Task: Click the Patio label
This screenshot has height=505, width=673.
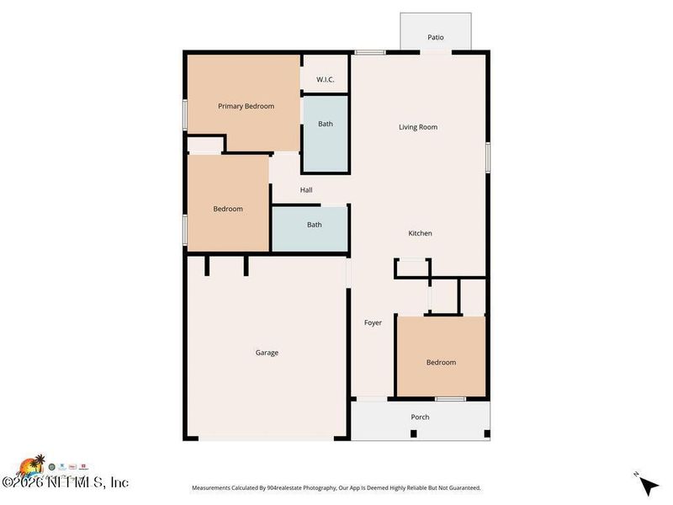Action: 435,37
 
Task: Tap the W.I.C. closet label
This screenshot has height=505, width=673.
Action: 326,79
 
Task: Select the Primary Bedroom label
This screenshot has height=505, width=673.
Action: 246,106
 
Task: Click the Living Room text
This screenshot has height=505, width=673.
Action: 417,127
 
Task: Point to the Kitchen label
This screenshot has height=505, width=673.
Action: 420,233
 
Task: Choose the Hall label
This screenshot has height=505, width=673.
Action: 306,189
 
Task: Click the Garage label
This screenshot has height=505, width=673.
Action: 267,353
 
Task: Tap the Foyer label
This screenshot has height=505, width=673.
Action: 373,322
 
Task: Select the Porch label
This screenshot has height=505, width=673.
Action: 420,417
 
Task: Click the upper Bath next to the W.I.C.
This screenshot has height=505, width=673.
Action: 325,124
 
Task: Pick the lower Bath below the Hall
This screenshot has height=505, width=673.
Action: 314,225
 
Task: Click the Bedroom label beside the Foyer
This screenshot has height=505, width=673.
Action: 441,362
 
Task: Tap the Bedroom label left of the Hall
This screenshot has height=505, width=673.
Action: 227,209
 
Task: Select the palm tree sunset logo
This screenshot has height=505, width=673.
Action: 31,465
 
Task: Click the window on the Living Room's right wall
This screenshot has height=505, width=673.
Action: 487,157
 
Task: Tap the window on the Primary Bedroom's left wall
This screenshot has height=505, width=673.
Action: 185,114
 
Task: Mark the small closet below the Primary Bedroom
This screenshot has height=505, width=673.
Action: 204,146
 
